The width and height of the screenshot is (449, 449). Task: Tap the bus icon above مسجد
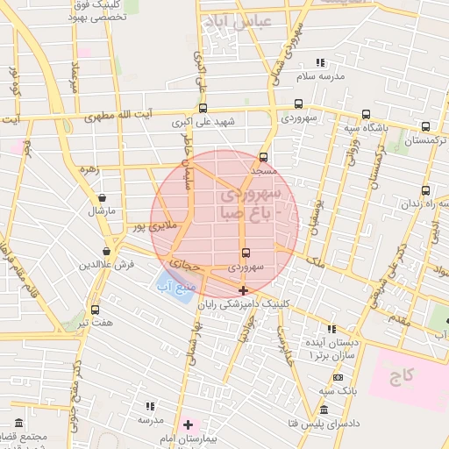(263, 158)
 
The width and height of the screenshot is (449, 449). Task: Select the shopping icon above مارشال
(103, 198)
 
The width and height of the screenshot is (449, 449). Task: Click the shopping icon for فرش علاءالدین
(106, 252)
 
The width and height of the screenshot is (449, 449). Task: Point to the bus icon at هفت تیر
(95, 310)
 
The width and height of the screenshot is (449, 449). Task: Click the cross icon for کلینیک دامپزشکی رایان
(243, 290)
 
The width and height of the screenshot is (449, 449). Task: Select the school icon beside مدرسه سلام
(320, 62)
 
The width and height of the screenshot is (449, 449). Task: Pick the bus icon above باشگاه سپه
(366, 114)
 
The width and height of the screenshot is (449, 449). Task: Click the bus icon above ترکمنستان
(425, 126)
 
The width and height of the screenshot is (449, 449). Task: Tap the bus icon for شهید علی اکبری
(203, 108)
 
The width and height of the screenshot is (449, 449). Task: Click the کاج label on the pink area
(403, 375)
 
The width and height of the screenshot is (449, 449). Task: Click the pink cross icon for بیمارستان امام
(187, 425)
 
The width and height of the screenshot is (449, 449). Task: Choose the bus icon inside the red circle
(245, 252)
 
